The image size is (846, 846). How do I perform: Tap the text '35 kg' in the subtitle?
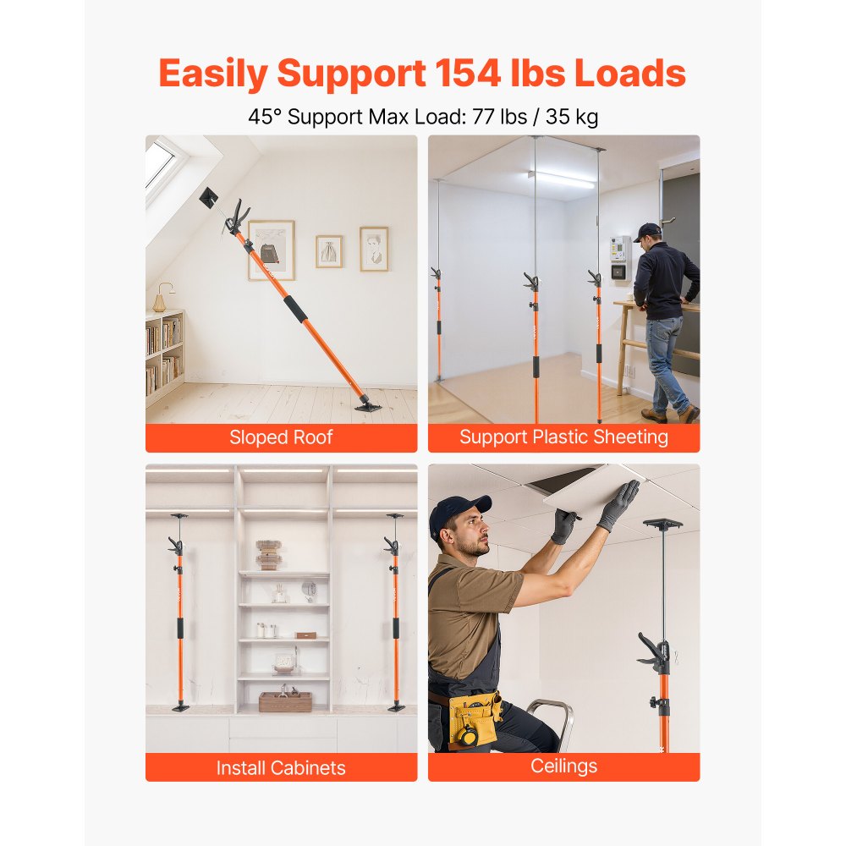pyautogui.click(x=572, y=116)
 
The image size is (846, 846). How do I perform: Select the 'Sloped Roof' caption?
pyautogui.click(x=281, y=437)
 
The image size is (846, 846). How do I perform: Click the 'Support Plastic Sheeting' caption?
pyautogui.click(x=563, y=437)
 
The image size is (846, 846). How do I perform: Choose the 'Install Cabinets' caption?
pyautogui.click(x=281, y=768)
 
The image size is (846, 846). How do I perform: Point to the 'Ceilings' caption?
pyautogui.click(x=563, y=766)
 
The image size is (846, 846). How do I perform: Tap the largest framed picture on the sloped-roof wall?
pyautogui.click(x=271, y=250)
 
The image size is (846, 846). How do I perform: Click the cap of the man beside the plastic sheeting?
pyautogui.click(x=647, y=230)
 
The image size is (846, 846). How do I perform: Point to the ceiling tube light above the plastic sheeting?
pyautogui.click(x=561, y=179)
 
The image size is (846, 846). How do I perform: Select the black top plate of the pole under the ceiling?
pyautogui.click(x=662, y=525)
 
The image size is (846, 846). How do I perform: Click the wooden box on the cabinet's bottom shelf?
pyautogui.click(x=285, y=701)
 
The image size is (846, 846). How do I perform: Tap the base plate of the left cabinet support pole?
pyautogui.click(x=180, y=707)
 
